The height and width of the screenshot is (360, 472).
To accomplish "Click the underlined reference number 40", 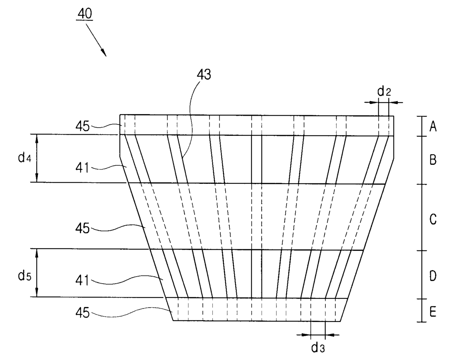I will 85,14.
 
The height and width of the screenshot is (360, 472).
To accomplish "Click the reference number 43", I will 203,75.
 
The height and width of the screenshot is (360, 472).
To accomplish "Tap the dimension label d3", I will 318,347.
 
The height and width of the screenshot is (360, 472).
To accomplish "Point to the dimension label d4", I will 24,158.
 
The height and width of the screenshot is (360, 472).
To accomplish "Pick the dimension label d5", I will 24,276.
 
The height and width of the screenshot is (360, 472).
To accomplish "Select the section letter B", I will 433,160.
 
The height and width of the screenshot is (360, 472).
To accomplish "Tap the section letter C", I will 433,219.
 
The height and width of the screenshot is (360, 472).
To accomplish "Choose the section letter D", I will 433,276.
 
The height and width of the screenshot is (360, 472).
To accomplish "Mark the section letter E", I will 433,312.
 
